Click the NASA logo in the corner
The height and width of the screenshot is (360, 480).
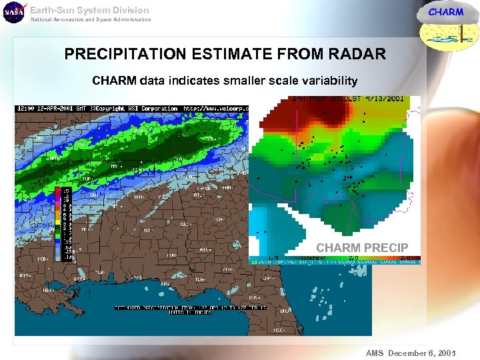point(13,13)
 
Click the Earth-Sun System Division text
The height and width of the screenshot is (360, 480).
point(89,10)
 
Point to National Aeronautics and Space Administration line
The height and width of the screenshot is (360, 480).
point(91,20)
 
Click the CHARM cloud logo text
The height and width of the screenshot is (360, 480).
point(445,12)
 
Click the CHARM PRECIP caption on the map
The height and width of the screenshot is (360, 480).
point(362,248)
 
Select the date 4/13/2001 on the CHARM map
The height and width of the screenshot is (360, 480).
point(384,99)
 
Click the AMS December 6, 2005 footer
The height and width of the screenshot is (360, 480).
point(409,352)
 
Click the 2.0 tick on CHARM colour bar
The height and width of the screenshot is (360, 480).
point(353,257)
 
